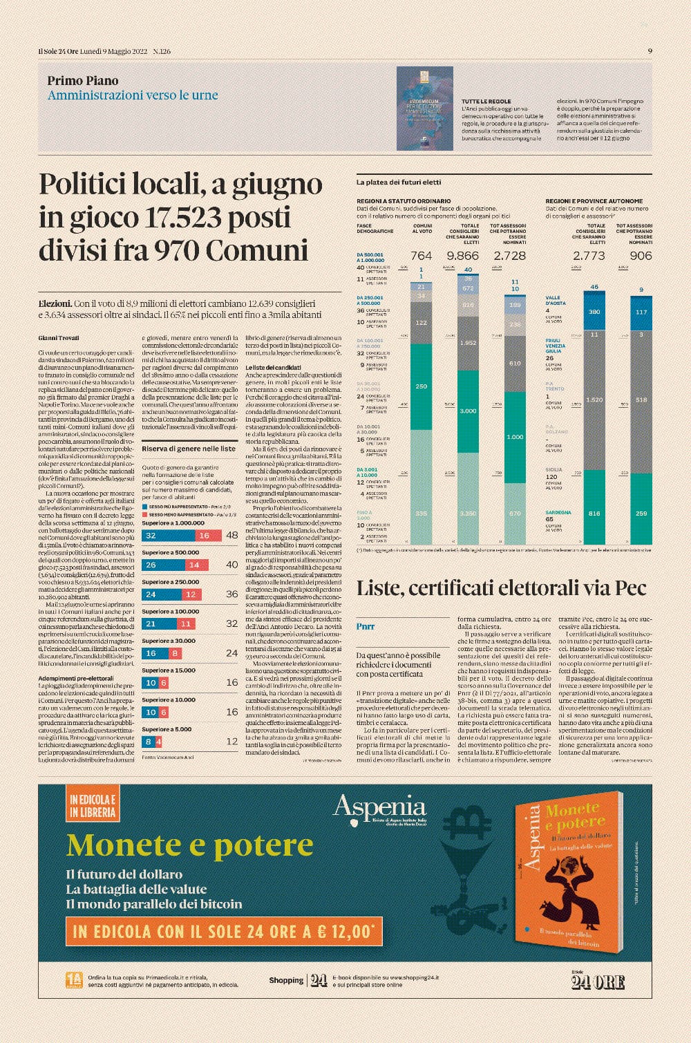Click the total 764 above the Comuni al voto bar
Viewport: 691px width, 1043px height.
point(421,256)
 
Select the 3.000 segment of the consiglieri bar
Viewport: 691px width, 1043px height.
point(468,411)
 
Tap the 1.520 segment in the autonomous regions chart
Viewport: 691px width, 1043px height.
point(594,400)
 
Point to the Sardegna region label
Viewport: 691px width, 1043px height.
point(558,513)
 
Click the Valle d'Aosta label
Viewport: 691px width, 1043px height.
point(555,301)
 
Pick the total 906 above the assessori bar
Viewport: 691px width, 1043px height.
point(641,256)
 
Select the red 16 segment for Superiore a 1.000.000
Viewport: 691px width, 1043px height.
point(204,536)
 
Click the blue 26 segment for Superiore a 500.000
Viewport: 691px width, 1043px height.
point(151,565)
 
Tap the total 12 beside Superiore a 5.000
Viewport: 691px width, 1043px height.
point(232,742)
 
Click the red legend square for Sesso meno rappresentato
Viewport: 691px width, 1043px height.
point(144,514)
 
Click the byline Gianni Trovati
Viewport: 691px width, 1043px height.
point(59,338)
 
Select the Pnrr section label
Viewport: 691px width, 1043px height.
point(366,626)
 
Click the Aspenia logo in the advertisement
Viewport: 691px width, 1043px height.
point(379,808)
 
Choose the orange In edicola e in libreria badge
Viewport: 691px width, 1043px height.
point(92,806)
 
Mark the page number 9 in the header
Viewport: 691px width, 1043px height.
point(650,51)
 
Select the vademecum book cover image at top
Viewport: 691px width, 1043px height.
point(424,109)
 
